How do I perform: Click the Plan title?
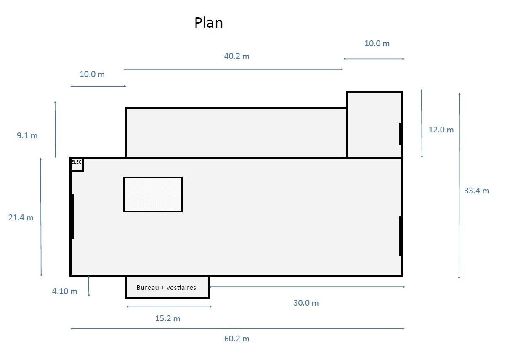click(208, 23)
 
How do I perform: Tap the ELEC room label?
click(77, 162)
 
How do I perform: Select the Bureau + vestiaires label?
click(166, 288)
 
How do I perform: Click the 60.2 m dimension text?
click(237, 339)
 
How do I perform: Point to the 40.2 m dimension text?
click(237, 56)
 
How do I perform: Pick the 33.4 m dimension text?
click(477, 191)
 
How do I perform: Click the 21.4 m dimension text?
click(21, 217)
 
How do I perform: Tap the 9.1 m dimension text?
click(27, 135)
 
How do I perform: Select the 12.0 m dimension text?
click(441, 130)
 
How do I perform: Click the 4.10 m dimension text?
click(64, 291)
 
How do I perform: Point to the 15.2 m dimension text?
click(167, 319)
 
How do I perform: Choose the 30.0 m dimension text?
click(306, 303)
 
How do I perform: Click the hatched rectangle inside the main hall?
click(153, 195)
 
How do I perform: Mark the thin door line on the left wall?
click(73, 216)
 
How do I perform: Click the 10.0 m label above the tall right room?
click(377, 43)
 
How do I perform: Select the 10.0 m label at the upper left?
click(92, 74)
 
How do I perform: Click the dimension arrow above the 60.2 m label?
click(237, 329)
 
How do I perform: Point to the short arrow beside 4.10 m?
click(88, 286)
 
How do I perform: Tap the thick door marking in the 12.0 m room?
click(401, 134)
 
